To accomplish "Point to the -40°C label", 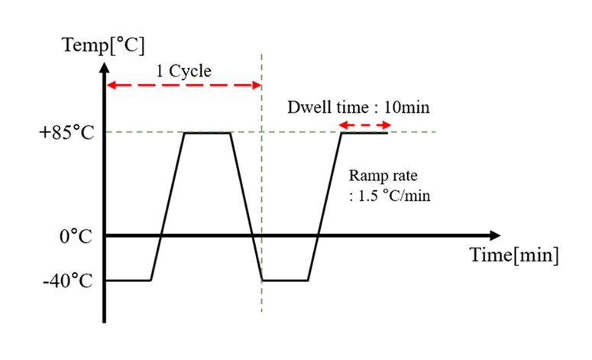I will click(68, 281).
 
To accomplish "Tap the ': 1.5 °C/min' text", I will click(390, 196).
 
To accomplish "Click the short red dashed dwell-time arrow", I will click(364, 124).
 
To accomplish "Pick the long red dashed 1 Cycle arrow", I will click(183, 85).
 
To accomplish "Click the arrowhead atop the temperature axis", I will click(105, 65).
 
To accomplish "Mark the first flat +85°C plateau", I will click(207, 133).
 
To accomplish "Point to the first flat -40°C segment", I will click(128, 281).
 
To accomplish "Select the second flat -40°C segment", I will click(285, 281).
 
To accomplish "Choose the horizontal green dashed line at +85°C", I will click(290, 133).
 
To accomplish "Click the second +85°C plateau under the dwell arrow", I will click(364, 133).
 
